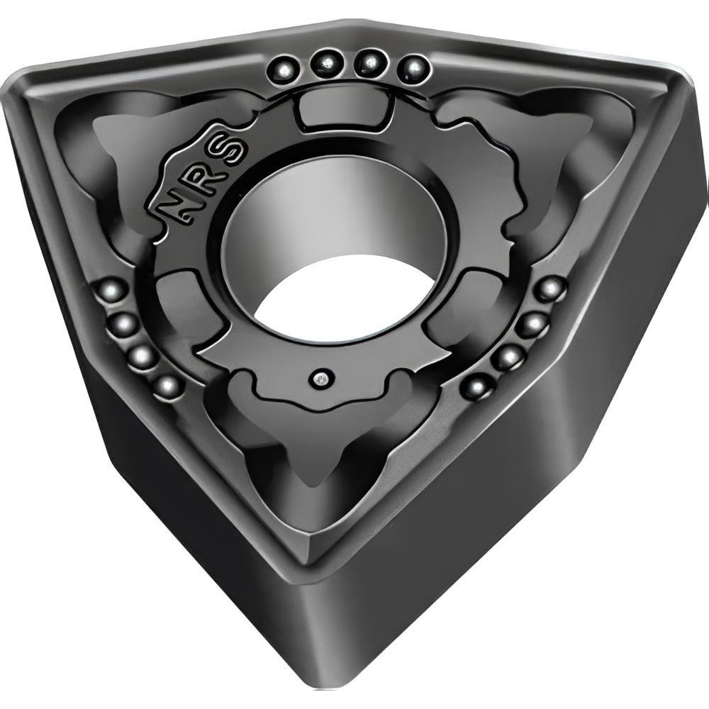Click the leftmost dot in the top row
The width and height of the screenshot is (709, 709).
[x=285, y=69]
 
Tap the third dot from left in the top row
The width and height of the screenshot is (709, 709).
[x=370, y=63]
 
